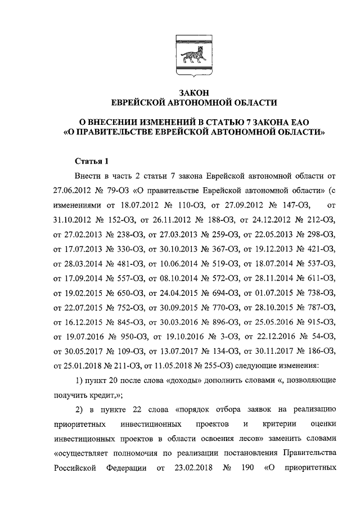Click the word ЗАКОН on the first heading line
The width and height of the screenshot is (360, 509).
pyautogui.click(x=194, y=93)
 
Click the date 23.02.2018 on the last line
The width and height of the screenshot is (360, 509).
pyautogui.click(x=188, y=466)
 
